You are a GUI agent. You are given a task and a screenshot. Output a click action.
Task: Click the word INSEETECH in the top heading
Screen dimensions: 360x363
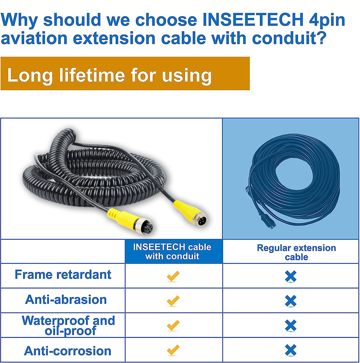[253, 20]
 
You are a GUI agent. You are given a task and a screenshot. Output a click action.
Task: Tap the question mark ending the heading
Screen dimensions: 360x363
[321, 38]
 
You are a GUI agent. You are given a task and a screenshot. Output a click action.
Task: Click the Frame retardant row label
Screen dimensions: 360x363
[63, 274]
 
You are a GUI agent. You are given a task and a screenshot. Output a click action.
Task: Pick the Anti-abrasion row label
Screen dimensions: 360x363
[66, 300]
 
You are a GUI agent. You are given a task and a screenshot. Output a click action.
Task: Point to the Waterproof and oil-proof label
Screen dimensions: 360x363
[68, 325]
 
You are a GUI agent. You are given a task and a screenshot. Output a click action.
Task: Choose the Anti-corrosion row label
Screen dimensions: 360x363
[68, 351]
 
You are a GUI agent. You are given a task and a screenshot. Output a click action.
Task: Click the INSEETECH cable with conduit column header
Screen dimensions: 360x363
[172, 251]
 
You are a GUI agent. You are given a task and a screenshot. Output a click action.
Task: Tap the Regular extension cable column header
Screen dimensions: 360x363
[297, 252]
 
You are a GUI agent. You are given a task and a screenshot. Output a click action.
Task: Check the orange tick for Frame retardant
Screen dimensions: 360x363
[173, 276]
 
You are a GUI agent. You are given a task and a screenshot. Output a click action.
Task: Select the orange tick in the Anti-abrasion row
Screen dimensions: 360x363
[173, 301]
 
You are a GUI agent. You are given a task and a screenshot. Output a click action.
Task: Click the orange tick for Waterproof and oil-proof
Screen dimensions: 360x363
[173, 325]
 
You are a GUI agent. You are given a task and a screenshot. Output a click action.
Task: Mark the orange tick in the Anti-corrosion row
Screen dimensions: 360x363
[173, 350]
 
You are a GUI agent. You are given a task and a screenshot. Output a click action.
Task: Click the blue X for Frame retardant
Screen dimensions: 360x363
[291, 276]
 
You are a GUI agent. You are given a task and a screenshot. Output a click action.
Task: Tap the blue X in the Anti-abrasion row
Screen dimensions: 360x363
[291, 301]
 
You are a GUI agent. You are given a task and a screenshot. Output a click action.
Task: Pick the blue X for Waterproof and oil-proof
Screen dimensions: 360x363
[291, 325]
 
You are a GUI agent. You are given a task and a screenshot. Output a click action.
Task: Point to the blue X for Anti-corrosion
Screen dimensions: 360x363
[291, 350]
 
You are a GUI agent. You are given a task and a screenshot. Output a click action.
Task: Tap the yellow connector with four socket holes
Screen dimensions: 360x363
[130, 221]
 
